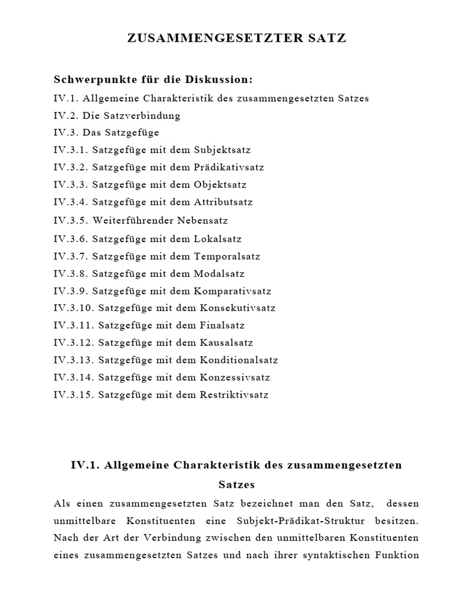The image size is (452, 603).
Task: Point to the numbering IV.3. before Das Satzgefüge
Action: click(x=65, y=132)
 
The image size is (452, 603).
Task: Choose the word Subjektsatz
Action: click(x=222, y=150)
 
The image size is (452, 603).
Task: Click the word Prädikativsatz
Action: click(x=229, y=167)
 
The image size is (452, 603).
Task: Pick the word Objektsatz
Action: click(x=220, y=185)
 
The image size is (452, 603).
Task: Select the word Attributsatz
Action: click(x=223, y=202)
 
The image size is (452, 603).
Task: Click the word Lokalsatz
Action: click(x=217, y=239)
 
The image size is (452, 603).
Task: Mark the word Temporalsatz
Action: click(x=227, y=257)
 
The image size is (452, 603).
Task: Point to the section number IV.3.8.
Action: click(x=71, y=274)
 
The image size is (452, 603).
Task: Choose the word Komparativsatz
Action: click(x=232, y=291)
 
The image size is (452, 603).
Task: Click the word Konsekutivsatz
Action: click(x=237, y=308)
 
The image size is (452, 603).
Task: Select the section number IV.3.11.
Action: click(x=74, y=325)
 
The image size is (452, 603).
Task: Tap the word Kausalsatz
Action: click(x=226, y=343)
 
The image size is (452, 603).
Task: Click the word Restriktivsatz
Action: click(x=234, y=395)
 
